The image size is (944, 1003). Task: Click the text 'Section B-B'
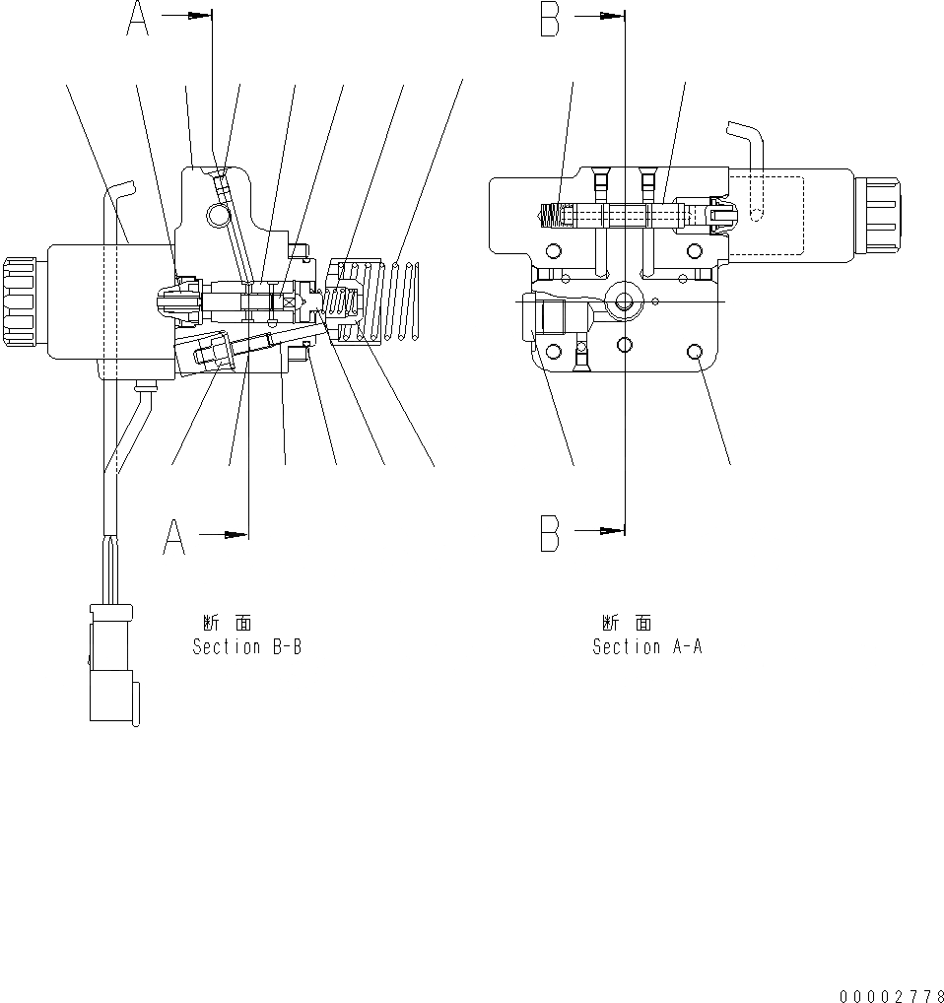pyautogui.click(x=246, y=647)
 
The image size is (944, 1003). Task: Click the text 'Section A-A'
pyautogui.click(x=646, y=647)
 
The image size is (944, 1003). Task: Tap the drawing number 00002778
pyautogui.click(x=892, y=995)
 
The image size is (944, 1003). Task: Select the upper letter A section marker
pyautogui.click(x=138, y=20)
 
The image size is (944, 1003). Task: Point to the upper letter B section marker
pyautogui.click(x=551, y=20)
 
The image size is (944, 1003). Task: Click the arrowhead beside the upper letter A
pyautogui.click(x=200, y=16)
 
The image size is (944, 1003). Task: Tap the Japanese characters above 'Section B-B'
pyautogui.click(x=227, y=623)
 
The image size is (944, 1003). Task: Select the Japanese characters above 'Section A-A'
pyautogui.click(x=627, y=623)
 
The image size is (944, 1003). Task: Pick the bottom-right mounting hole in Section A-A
pyautogui.click(x=697, y=352)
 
